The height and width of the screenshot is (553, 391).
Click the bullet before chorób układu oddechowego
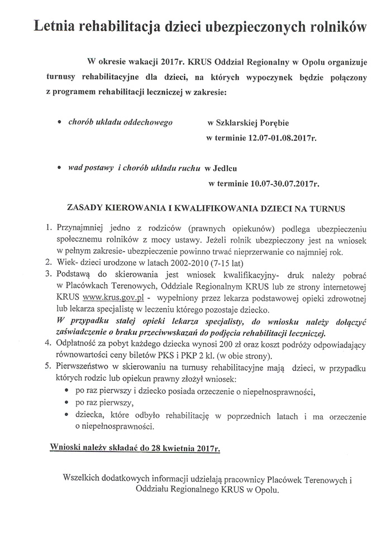click(x=60, y=121)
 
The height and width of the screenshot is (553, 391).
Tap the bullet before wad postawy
click(x=60, y=168)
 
